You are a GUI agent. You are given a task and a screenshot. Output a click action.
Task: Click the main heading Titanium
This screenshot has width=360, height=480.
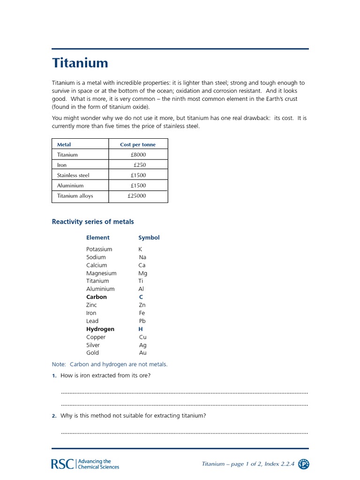[80, 63]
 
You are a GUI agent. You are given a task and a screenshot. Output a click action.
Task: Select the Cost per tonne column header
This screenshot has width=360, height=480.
[138, 144]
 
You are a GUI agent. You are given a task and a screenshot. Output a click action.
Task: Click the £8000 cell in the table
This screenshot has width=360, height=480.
[138, 155]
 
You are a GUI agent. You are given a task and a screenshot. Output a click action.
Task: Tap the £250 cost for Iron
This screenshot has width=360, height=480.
[139, 165]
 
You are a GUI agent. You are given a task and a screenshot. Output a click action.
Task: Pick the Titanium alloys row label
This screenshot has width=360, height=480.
[75, 196]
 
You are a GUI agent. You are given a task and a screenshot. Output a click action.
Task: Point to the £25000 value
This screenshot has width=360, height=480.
[136, 196]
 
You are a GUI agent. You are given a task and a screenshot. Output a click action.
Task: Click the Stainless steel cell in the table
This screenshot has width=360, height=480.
[73, 175]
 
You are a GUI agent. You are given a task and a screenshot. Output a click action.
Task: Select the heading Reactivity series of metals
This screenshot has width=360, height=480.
[93, 222]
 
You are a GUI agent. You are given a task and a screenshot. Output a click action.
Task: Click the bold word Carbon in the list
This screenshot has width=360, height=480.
[96, 297]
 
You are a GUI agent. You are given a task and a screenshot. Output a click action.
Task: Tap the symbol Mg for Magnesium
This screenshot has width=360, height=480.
[142, 273]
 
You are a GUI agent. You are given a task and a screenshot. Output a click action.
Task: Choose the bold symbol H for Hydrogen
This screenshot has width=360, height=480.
[141, 329]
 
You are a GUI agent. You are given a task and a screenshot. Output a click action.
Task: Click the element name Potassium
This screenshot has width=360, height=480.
[99, 249]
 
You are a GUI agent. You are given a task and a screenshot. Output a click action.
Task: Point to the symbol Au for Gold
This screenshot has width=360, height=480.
[142, 353]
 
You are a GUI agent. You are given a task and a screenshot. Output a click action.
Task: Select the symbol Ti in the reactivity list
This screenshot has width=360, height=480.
[141, 281]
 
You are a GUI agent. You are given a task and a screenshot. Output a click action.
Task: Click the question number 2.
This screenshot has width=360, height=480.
[54, 416]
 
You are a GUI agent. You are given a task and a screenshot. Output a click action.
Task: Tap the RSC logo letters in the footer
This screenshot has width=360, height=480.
[62, 464]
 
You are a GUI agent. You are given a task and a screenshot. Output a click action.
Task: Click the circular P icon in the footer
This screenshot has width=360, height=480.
[303, 464]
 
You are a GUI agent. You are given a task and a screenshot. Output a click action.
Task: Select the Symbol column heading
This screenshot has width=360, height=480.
[149, 238]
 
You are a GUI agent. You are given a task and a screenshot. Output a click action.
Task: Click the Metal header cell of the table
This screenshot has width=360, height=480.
[64, 144]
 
